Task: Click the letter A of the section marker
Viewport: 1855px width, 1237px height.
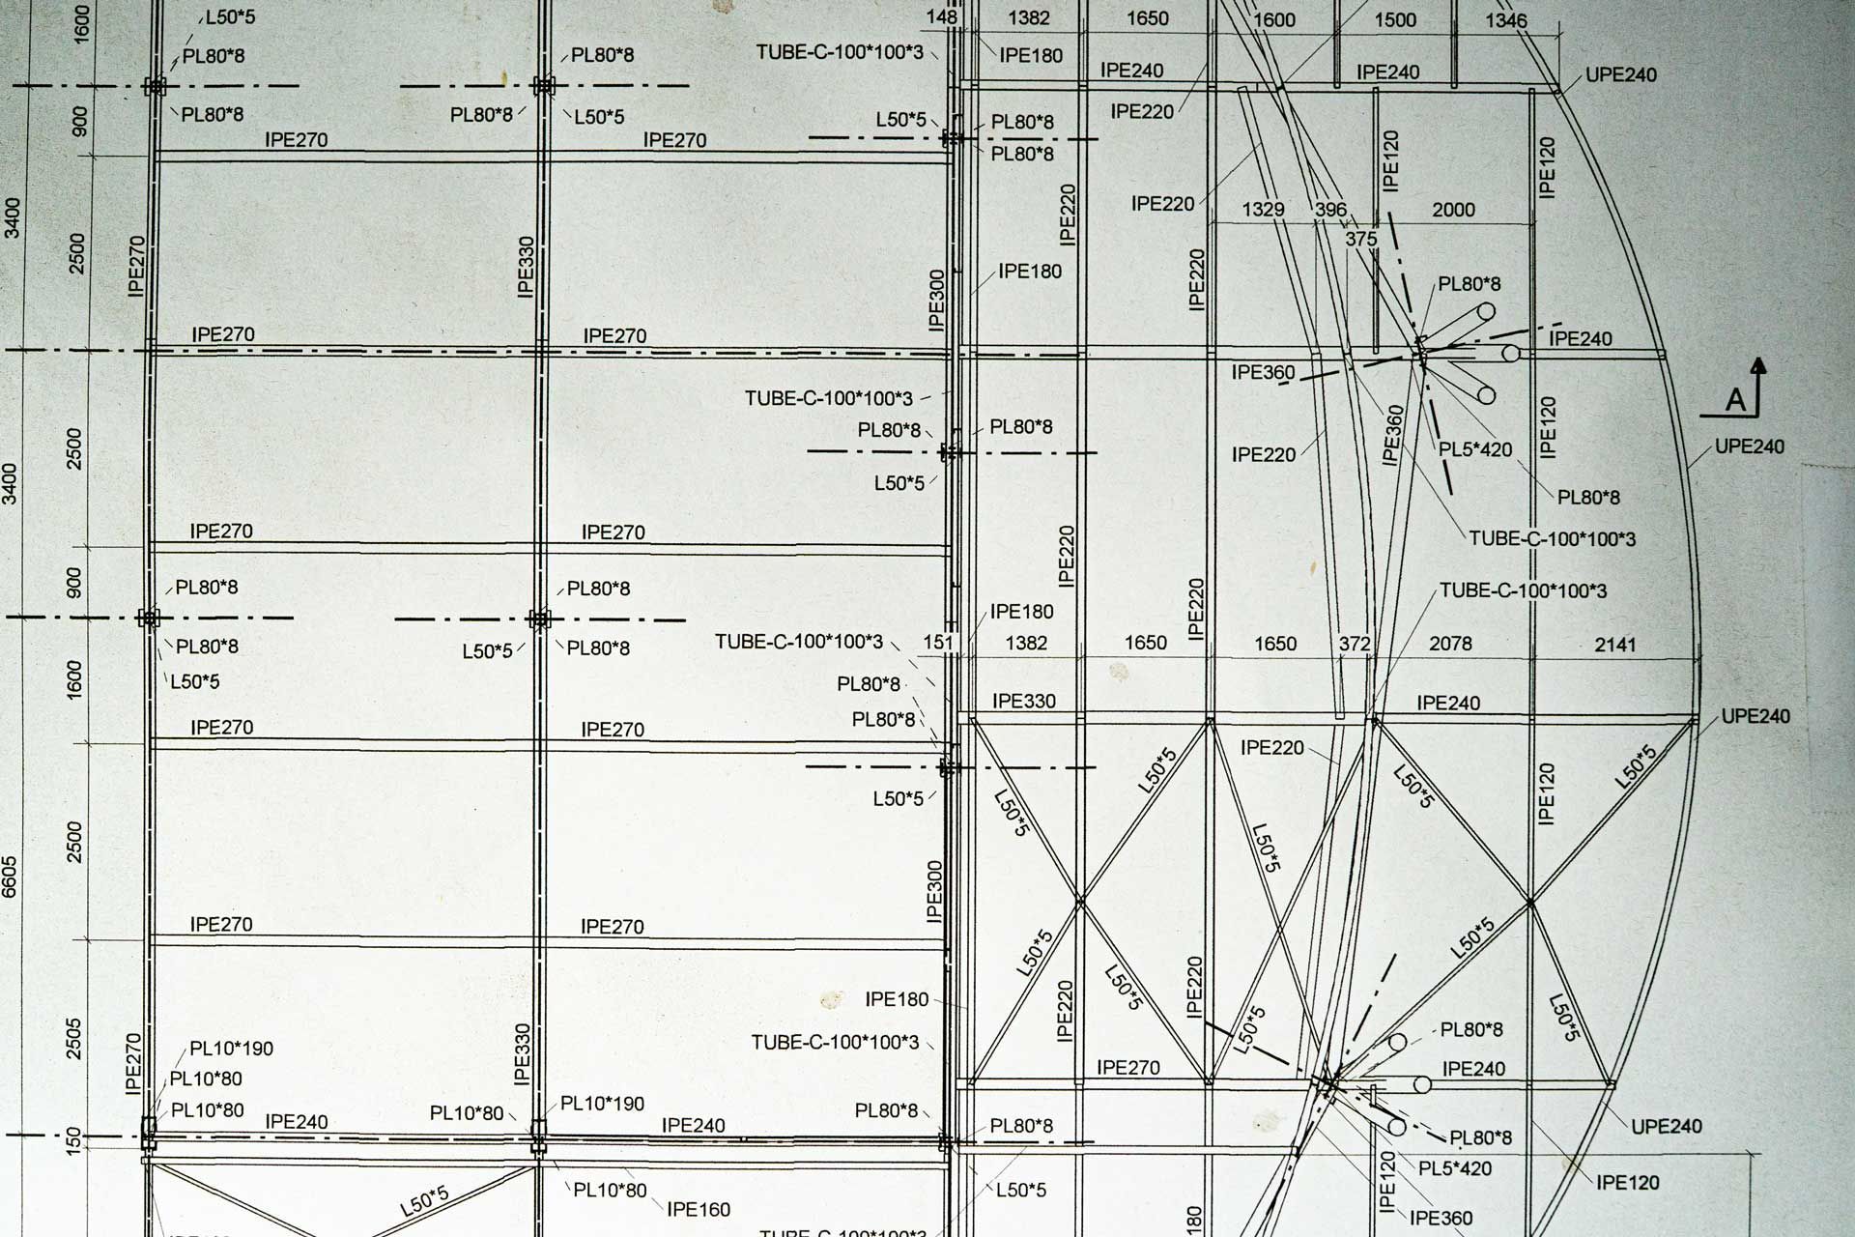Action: tap(1736, 400)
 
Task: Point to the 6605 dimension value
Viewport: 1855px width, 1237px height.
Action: tap(11, 876)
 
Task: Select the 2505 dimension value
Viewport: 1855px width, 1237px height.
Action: tap(75, 1038)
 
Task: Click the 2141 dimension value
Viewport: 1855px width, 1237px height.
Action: tap(1614, 645)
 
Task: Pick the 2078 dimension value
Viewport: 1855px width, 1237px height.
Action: tap(1450, 644)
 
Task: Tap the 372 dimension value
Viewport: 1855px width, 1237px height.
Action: tap(1355, 644)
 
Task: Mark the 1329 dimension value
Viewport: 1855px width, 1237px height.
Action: tap(1263, 210)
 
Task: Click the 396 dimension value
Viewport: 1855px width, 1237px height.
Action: tap(1330, 210)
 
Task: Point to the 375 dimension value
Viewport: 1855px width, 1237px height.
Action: tap(1360, 239)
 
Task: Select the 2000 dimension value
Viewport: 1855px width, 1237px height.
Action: tap(1453, 210)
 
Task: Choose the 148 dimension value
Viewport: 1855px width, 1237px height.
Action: tap(941, 17)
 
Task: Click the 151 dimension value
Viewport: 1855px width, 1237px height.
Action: tap(938, 643)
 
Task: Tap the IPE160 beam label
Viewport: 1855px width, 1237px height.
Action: tap(699, 1209)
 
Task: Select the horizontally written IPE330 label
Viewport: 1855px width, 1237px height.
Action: tap(1024, 702)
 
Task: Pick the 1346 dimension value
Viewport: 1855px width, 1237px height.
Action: tap(1506, 20)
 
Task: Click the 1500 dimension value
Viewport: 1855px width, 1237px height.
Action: tap(1395, 20)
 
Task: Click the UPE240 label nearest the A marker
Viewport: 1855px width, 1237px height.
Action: tap(1750, 446)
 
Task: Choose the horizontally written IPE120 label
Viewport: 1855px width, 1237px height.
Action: tap(1627, 1182)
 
